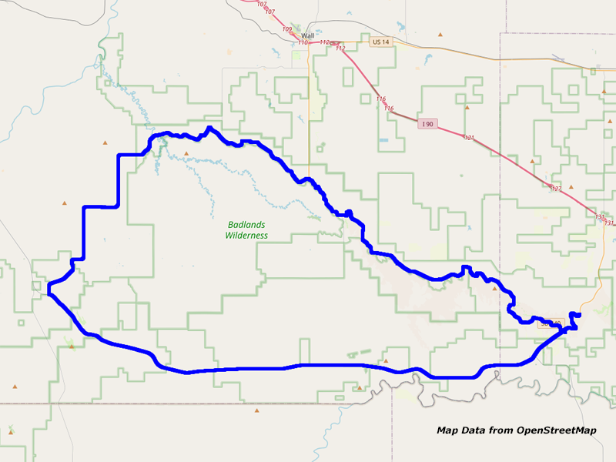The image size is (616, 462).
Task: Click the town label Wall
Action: click(308, 35)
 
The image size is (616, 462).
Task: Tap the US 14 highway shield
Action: click(380, 42)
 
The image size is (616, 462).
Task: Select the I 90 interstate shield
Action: click(429, 124)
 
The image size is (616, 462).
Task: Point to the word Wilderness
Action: click(246, 236)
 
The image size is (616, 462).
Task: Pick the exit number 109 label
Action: click(287, 29)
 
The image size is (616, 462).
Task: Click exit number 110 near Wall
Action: click(303, 42)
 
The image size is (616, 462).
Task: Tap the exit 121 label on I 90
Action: click(469, 138)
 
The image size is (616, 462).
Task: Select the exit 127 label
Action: click(557, 189)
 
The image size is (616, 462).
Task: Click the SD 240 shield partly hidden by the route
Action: click(546, 324)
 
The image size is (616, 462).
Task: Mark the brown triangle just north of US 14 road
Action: click(440, 34)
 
